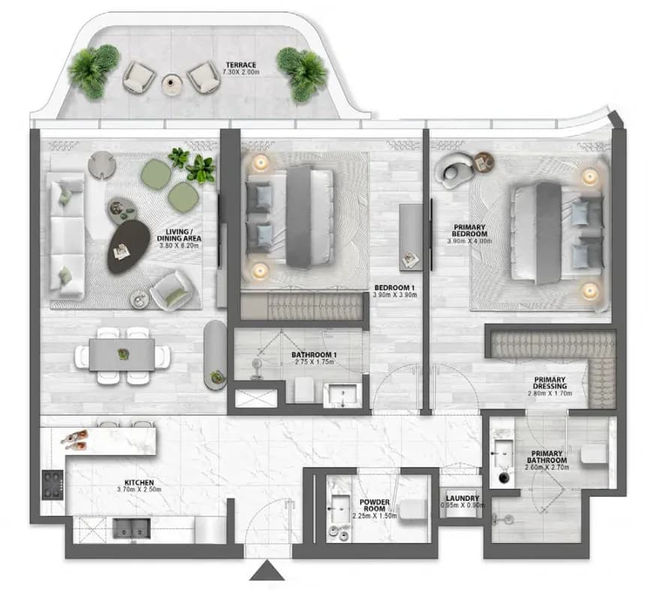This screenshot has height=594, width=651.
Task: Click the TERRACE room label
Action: click(241, 65)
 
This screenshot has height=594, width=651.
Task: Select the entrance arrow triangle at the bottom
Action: click(267, 569)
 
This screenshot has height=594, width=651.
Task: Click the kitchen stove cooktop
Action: click(53, 485)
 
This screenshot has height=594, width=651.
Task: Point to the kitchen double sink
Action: click(131, 528)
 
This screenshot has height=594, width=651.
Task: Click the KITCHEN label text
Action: click(139, 483)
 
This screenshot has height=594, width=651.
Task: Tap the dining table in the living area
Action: click(122, 354)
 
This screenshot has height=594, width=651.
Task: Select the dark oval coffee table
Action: click(128, 247)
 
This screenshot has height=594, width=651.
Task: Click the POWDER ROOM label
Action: click(375, 505)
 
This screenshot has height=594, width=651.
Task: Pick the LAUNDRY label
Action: click(463, 498)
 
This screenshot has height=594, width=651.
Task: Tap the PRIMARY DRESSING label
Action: click(550, 383)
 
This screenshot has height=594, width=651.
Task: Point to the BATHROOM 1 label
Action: click(314, 355)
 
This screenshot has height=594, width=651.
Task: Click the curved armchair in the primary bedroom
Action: click(453, 170)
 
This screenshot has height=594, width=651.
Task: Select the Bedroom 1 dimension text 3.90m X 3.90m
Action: click(394, 295)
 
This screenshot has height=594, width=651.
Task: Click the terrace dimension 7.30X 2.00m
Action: click(241, 72)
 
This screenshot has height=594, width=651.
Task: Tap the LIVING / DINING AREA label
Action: click(179, 235)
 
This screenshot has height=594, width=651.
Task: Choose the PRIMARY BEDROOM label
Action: click(469, 230)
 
